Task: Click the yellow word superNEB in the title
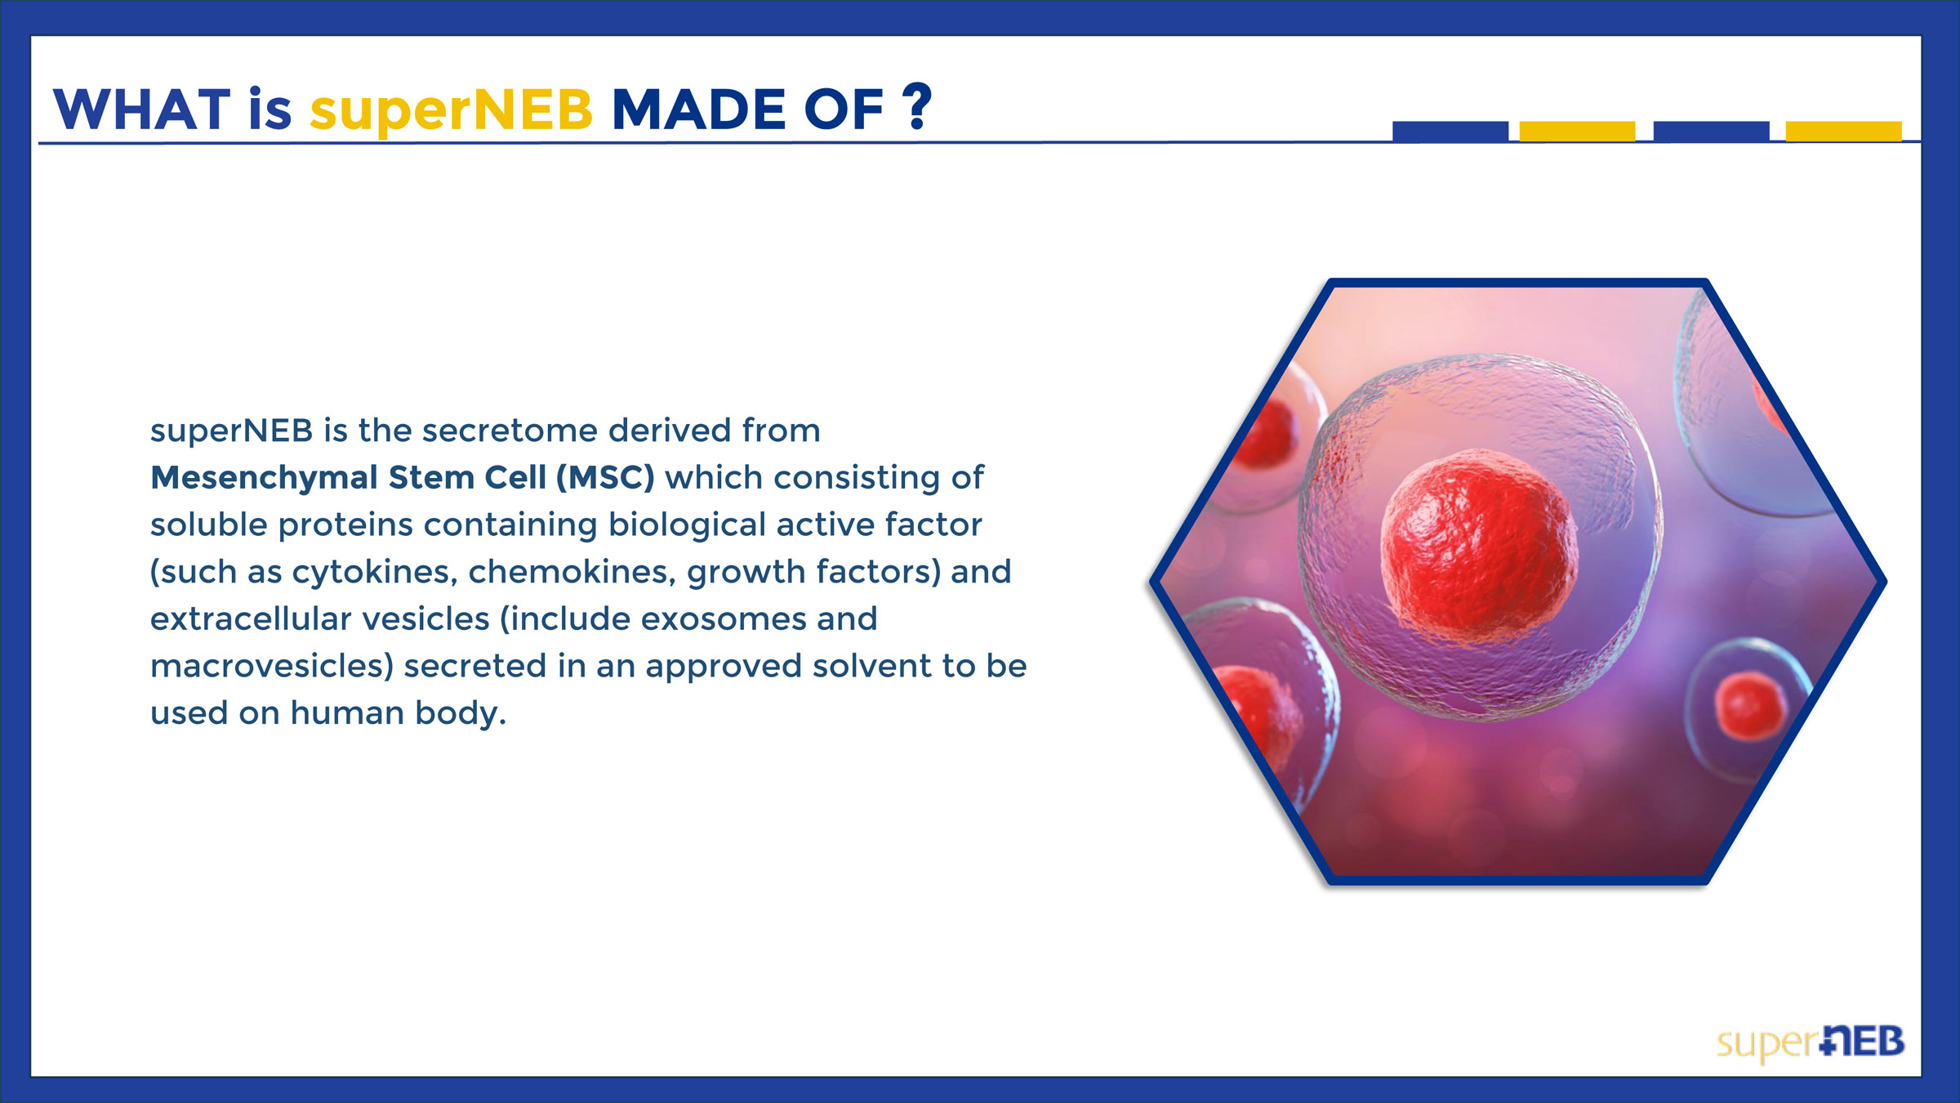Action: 451,110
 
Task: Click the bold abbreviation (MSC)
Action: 605,477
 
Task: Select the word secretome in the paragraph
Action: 514,431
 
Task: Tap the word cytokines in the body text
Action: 373,573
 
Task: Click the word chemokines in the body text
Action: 572,572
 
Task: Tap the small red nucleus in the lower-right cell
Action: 1750,706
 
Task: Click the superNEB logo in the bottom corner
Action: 1810,1043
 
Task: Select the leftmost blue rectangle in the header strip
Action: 1450,132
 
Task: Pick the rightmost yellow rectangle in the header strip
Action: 1844,132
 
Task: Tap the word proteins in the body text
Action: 345,525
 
